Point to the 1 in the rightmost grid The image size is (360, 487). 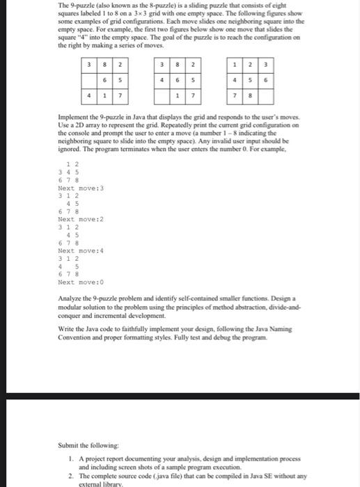[x=237, y=65]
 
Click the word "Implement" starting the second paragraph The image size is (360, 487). [x=72, y=116]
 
